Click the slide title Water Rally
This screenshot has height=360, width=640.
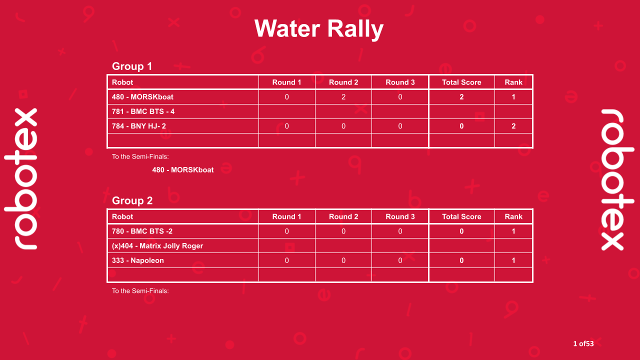pos(319,28)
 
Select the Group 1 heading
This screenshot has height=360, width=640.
pos(132,66)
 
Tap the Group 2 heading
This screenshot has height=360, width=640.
pos(132,200)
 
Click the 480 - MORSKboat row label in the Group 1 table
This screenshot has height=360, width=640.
pos(142,97)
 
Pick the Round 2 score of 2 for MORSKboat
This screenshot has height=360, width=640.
pos(343,97)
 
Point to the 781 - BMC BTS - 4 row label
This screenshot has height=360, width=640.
pos(143,111)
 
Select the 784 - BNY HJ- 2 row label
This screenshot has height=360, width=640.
pos(139,126)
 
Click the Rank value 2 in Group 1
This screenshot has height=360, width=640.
pos(513,126)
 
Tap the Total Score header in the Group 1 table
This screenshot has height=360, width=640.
pos(461,82)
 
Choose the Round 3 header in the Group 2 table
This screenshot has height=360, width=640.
pos(400,216)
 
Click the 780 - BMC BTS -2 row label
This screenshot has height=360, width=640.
pos(142,231)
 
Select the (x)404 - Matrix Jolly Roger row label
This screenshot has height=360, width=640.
pos(157,245)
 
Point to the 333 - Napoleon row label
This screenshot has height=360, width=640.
pos(138,260)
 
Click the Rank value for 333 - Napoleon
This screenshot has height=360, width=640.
pos(513,260)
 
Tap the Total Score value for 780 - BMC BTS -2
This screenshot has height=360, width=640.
pos(461,231)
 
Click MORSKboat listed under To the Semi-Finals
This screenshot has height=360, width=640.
pos(183,170)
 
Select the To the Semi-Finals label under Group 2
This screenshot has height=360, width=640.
pos(140,290)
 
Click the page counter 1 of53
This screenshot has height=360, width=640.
pos(583,343)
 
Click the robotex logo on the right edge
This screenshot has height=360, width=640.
pos(618,179)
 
